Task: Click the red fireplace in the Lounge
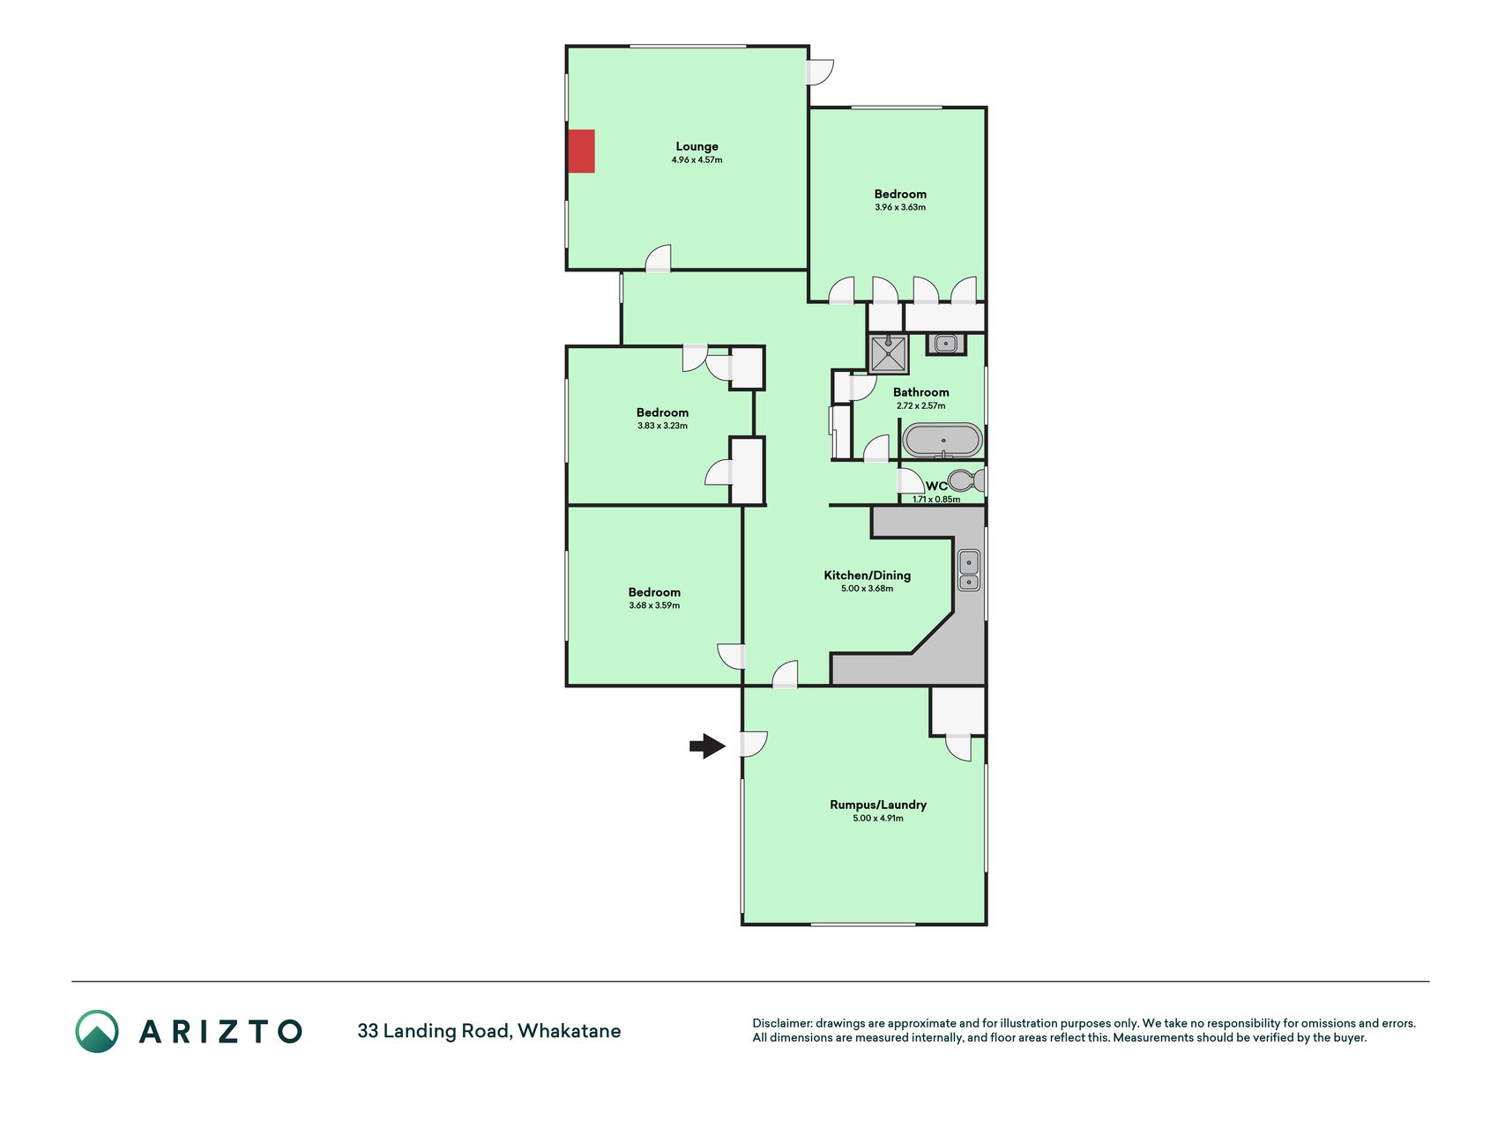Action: pyautogui.click(x=581, y=151)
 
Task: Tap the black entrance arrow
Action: pyautogui.click(x=707, y=746)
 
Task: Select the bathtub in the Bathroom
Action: pyautogui.click(x=942, y=441)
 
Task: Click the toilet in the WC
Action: pyautogui.click(x=967, y=481)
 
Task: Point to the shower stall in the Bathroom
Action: pyautogui.click(x=888, y=354)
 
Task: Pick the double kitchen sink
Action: pyautogui.click(x=969, y=570)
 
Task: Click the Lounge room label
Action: pyautogui.click(x=697, y=146)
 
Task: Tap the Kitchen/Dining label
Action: pyautogui.click(x=868, y=575)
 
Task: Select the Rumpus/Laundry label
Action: pyautogui.click(x=878, y=805)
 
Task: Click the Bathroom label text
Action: pyautogui.click(x=921, y=392)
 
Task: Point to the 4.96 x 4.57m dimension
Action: pyautogui.click(x=697, y=160)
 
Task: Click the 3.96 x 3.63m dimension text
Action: pyautogui.click(x=900, y=208)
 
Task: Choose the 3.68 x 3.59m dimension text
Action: pyautogui.click(x=654, y=606)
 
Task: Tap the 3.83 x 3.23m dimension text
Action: pyautogui.click(x=662, y=427)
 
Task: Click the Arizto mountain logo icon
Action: pyautogui.click(x=97, y=1031)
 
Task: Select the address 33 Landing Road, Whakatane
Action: pyautogui.click(x=489, y=1031)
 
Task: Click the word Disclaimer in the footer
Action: pyautogui.click(x=781, y=1023)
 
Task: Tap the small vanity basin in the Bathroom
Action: pyautogui.click(x=945, y=344)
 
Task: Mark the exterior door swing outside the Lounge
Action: pyautogui.click(x=821, y=72)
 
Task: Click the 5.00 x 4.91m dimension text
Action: pyautogui.click(x=878, y=819)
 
